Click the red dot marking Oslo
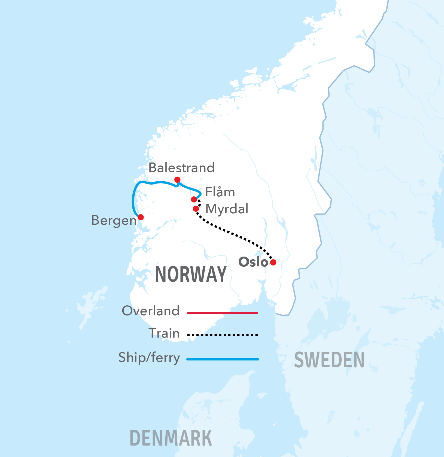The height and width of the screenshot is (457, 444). pyautogui.click(x=273, y=262)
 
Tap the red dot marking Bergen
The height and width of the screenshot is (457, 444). pyautogui.click(x=141, y=217)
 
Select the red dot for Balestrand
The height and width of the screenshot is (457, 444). pyautogui.click(x=177, y=179)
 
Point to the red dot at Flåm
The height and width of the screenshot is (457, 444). pyautogui.click(x=194, y=199)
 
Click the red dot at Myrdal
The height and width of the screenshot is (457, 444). pyautogui.click(x=196, y=209)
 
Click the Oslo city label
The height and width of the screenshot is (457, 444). pyautogui.click(x=253, y=262)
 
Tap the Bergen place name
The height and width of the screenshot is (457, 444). pyautogui.click(x=114, y=220)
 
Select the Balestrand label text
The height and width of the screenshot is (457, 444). pyautogui.click(x=181, y=167)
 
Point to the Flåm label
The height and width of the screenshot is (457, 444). pyautogui.click(x=220, y=192)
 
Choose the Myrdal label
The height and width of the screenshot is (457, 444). pyautogui.click(x=227, y=209)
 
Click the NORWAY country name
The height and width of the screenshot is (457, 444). pyautogui.click(x=191, y=274)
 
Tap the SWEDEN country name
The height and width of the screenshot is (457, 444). pyautogui.click(x=329, y=360)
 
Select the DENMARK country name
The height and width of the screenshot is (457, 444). pyautogui.click(x=171, y=438)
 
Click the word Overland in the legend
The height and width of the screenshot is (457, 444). pyautogui.click(x=151, y=311)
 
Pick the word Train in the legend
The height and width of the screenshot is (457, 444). pyautogui.click(x=164, y=333)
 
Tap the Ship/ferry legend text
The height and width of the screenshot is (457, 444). pyautogui.click(x=149, y=357)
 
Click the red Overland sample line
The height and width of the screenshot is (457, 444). pyautogui.click(x=223, y=313)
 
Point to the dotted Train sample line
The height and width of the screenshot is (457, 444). pyautogui.click(x=223, y=335)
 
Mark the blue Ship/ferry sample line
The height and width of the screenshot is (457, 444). pyautogui.click(x=223, y=359)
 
